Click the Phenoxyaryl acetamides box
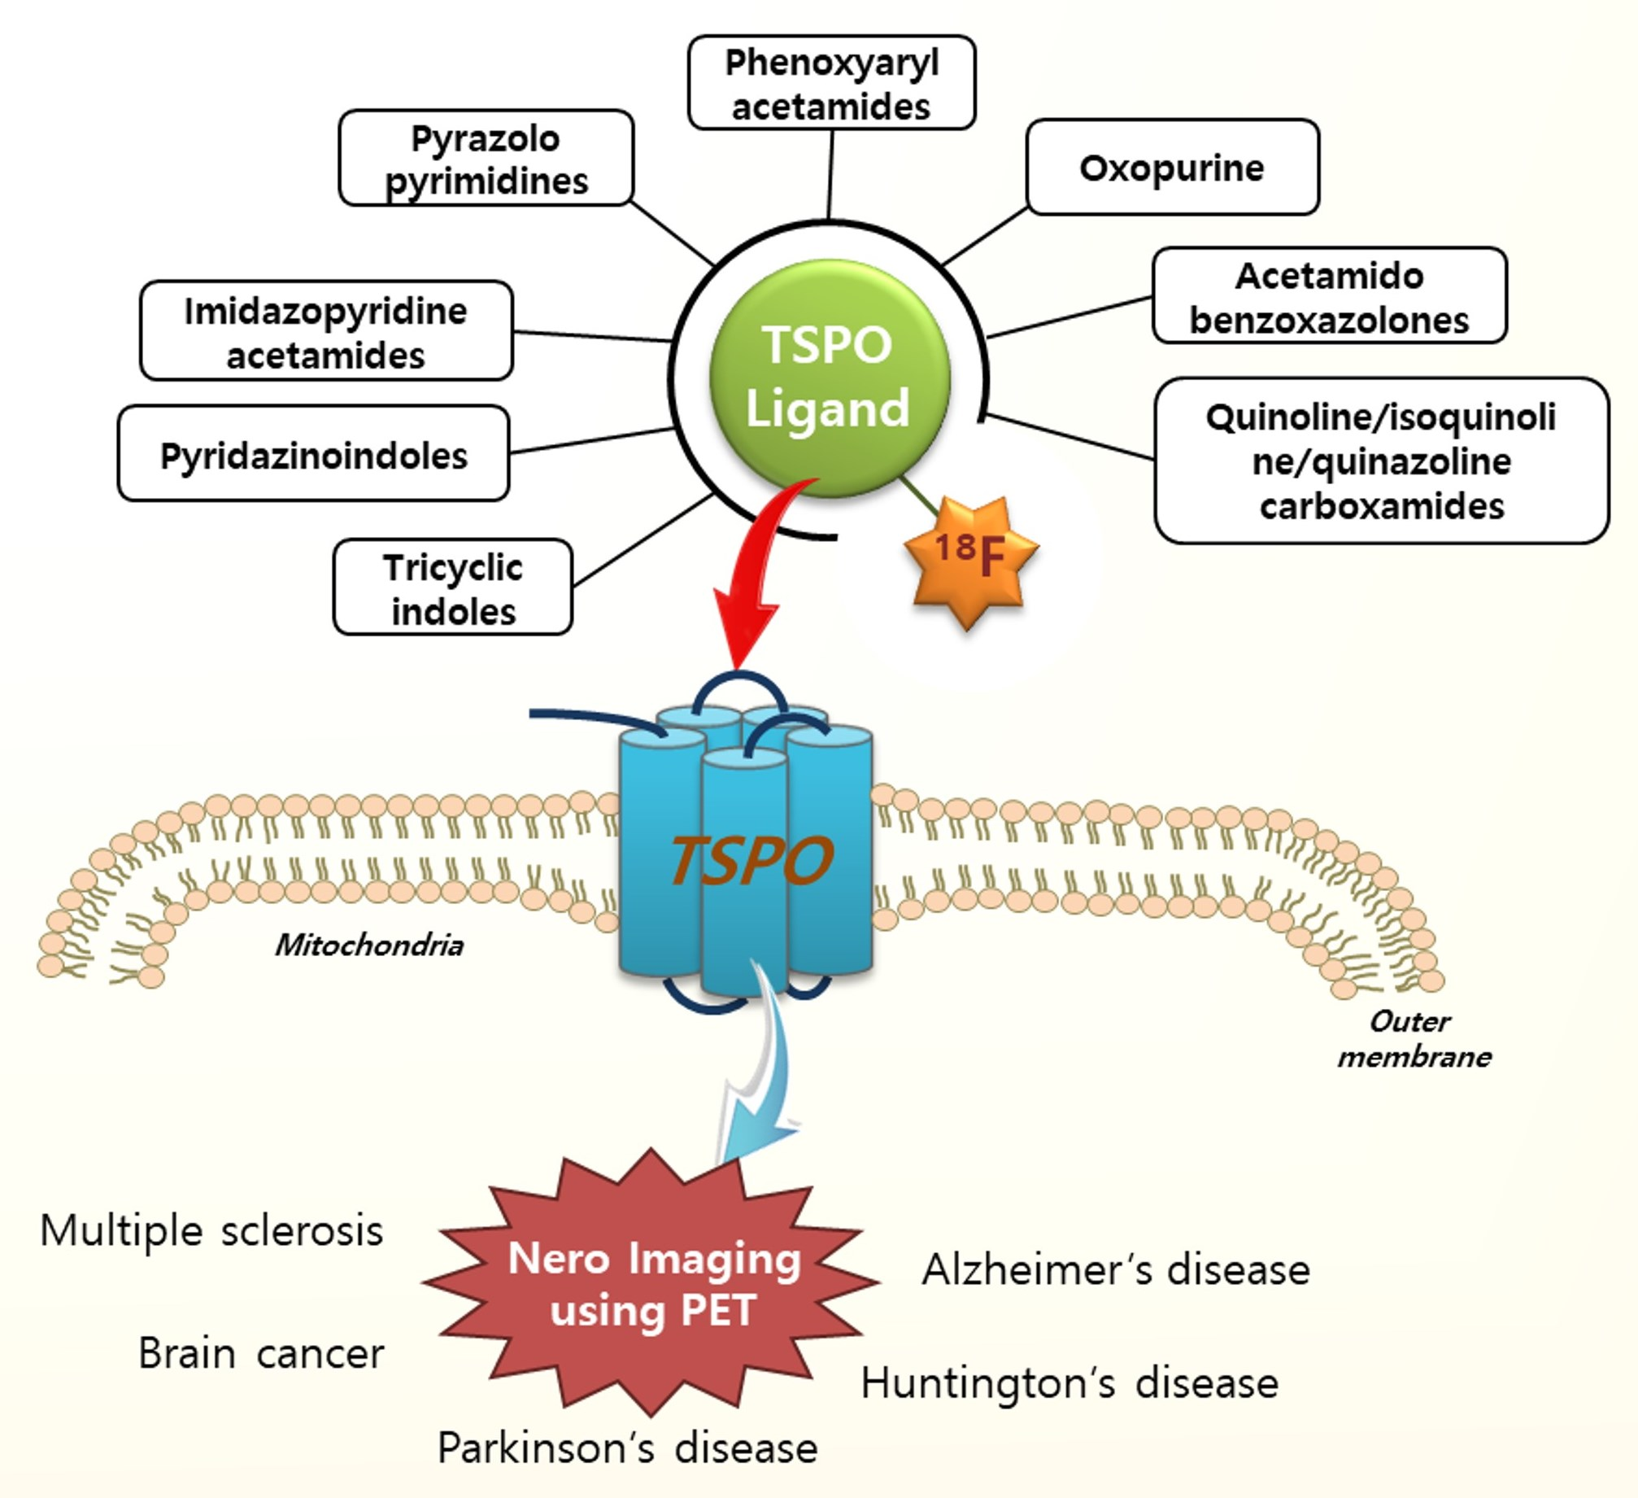831,83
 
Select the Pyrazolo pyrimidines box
486,158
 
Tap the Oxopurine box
1171,168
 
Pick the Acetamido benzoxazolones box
1329,296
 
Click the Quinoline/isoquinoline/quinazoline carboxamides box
1381,461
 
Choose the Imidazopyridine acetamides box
325,331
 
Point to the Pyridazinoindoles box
313,454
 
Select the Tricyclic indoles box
452,587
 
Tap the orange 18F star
969,558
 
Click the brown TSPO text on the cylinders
750,860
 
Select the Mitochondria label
368,946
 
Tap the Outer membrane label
1414,1039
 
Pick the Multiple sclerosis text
211,1231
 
